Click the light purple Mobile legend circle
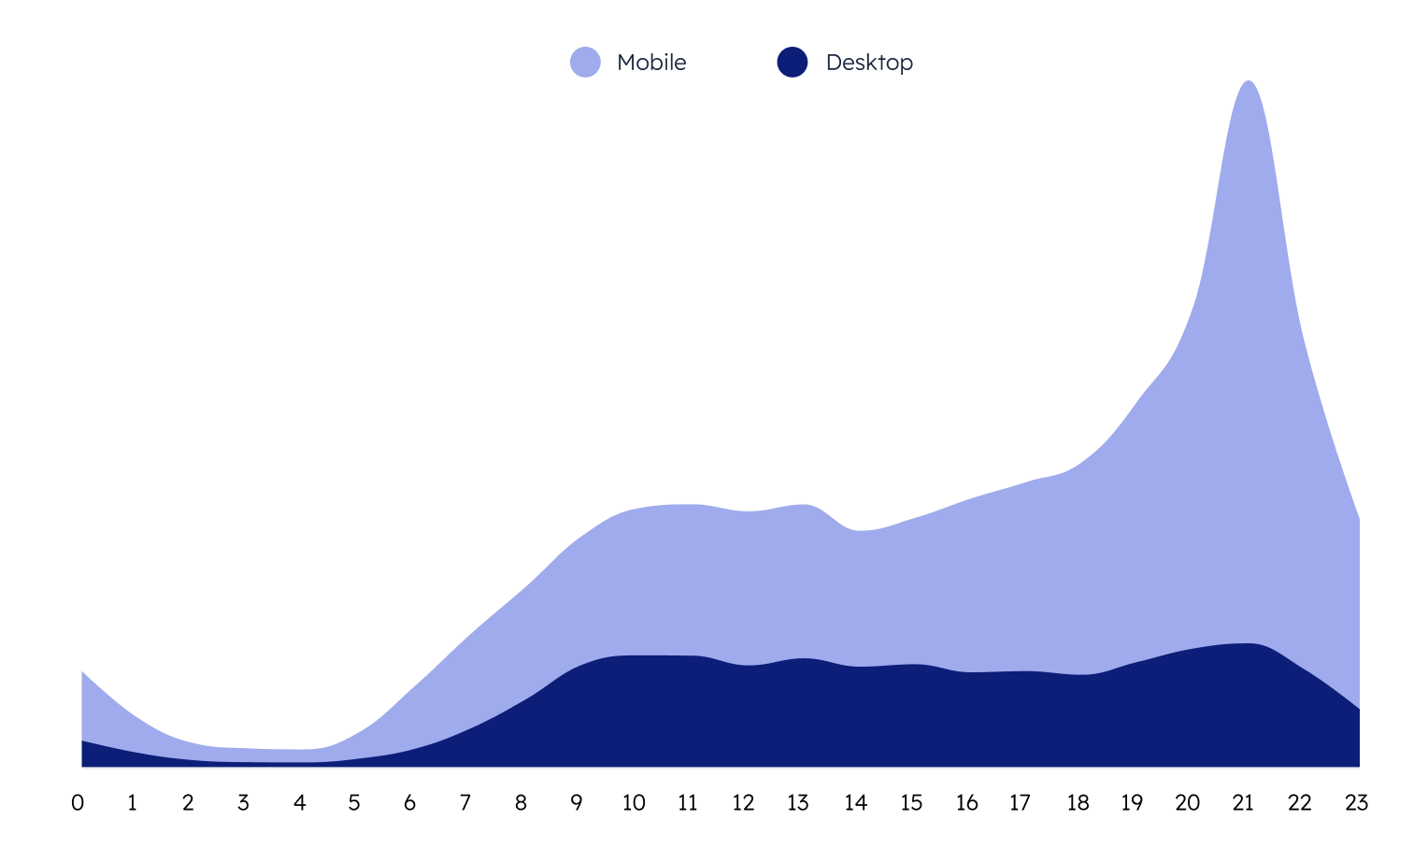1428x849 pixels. click(x=585, y=63)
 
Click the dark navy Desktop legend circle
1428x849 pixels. click(x=793, y=63)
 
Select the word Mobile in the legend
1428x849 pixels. click(x=651, y=63)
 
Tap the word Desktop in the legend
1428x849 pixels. click(x=869, y=63)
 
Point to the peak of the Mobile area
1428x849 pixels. click(x=1249, y=82)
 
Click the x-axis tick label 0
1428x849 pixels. click(x=78, y=802)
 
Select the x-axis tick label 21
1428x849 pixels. click(x=1243, y=802)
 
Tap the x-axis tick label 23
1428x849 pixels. click(x=1356, y=802)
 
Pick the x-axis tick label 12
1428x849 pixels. click(x=743, y=802)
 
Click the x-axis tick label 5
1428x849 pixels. click(x=354, y=802)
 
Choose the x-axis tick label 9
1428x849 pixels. click(x=577, y=802)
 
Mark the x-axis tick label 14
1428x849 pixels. click(x=855, y=802)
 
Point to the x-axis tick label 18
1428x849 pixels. click(x=1078, y=802)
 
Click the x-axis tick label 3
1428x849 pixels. click(x=243, y=802)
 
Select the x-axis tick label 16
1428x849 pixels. click(x=966, y=802)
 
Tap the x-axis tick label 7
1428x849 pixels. click(x=465, y=802)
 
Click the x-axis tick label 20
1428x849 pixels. click(x=1188, y=802)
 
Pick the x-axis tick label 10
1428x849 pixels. click(x=634, y=802)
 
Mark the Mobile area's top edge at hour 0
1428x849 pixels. click(x=83, y=672)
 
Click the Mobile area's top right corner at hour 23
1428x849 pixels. click(x=1358, y=520)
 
